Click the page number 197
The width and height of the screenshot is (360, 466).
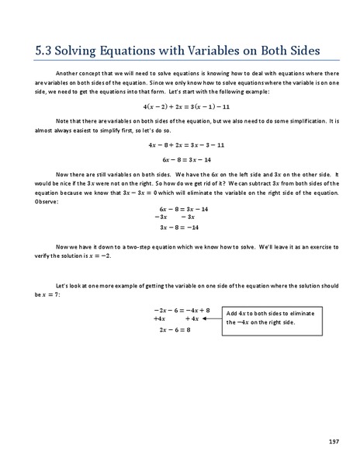333,441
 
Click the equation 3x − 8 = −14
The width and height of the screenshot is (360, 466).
179,228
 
